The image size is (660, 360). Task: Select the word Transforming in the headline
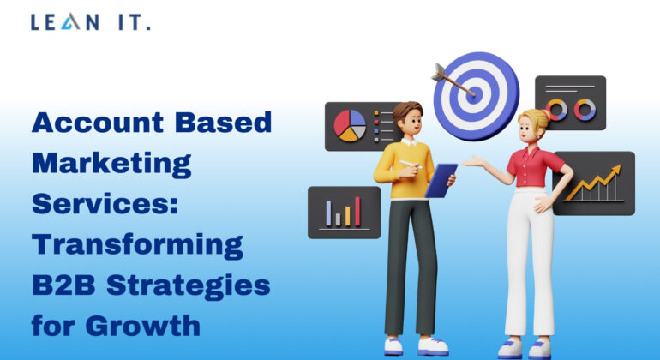point(137,245)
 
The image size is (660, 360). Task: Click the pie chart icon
point(351,126)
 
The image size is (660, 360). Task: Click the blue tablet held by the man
point(441,180)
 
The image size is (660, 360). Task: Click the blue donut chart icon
point(586,109)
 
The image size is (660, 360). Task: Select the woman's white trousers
point(527,266)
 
